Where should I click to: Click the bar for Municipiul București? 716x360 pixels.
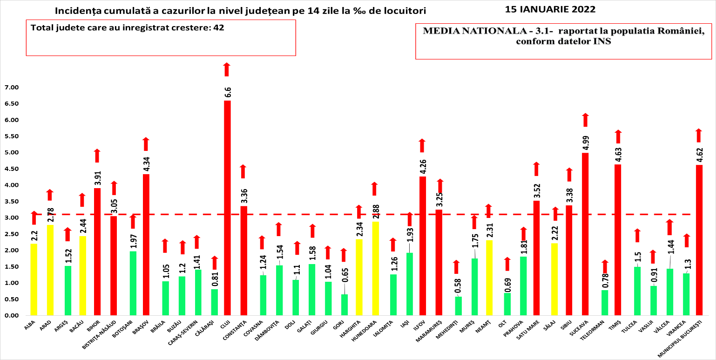[x=699, y=240]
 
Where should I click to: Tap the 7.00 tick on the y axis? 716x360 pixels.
[x=11, y=88]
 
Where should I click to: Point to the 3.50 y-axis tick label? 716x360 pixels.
[x=11, y=202]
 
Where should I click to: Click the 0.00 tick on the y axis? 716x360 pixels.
[x=11, y=316]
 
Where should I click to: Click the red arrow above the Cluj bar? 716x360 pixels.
[x=227, y=69]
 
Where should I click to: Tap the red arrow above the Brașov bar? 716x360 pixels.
[x=146, y=144]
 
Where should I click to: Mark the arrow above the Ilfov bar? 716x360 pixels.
[x=422, y=146]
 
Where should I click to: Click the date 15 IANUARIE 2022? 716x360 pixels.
[x=550, y=9]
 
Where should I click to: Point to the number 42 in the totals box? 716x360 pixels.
[x=218, y=27]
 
